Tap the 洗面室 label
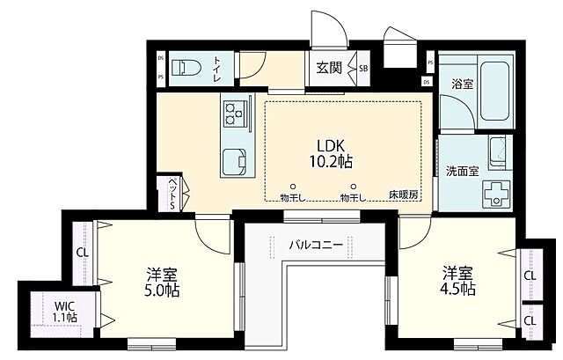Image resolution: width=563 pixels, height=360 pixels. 462,171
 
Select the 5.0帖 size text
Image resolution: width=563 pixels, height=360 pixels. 165,289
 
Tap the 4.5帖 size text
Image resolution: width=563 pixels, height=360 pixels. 457,289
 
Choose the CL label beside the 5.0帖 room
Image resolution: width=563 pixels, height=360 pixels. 81,251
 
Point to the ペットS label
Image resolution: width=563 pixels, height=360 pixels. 173,193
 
